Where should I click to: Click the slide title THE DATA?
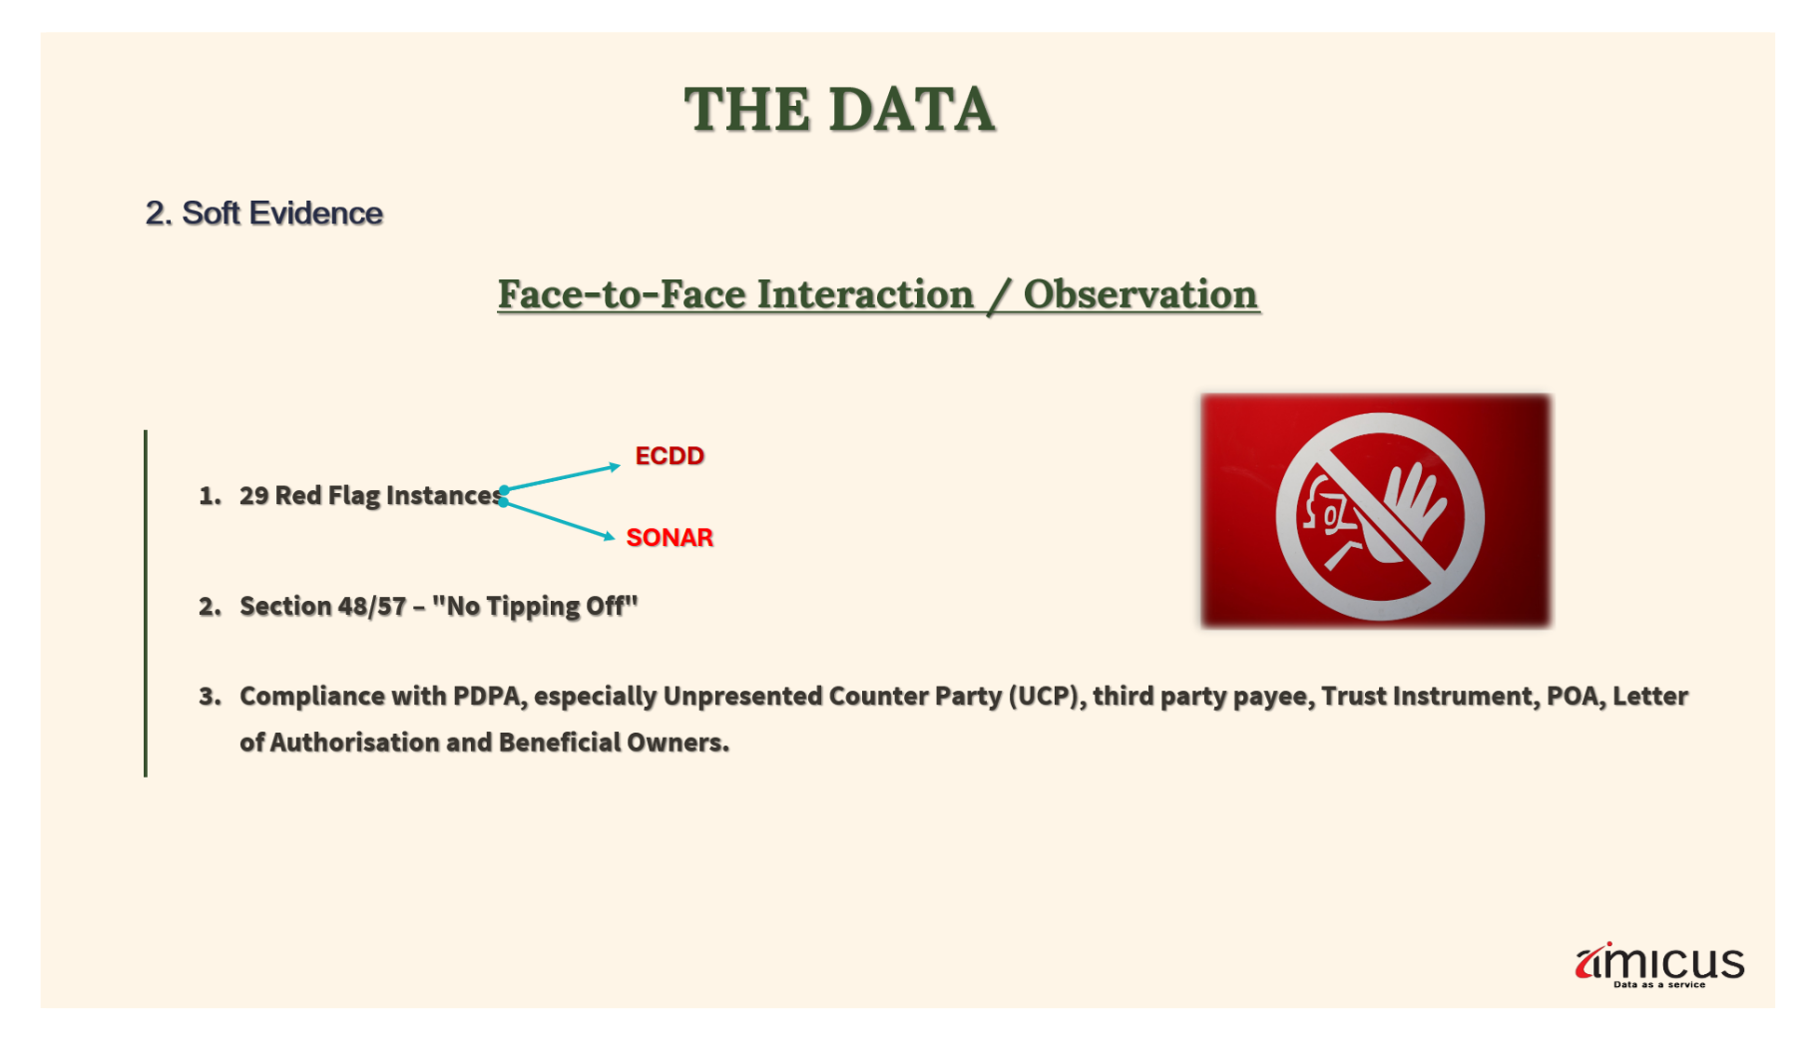point(839,109)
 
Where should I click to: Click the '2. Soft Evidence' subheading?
point(264,214)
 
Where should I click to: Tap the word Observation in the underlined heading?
point(1140,294)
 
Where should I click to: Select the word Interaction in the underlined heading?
point(865,294)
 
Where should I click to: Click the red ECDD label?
point(670,456)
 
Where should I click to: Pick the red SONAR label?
point(670,538)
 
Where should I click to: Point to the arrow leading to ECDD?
point(561,478)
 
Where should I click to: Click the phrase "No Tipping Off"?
point(535,607)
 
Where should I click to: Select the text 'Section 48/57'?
point(323,607)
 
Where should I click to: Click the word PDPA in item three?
point(488,697)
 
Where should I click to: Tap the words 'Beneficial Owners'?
point(613,743)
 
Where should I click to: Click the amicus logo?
point(1659,964)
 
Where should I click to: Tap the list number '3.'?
point(210,697)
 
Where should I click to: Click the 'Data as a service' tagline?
point(1659,985)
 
